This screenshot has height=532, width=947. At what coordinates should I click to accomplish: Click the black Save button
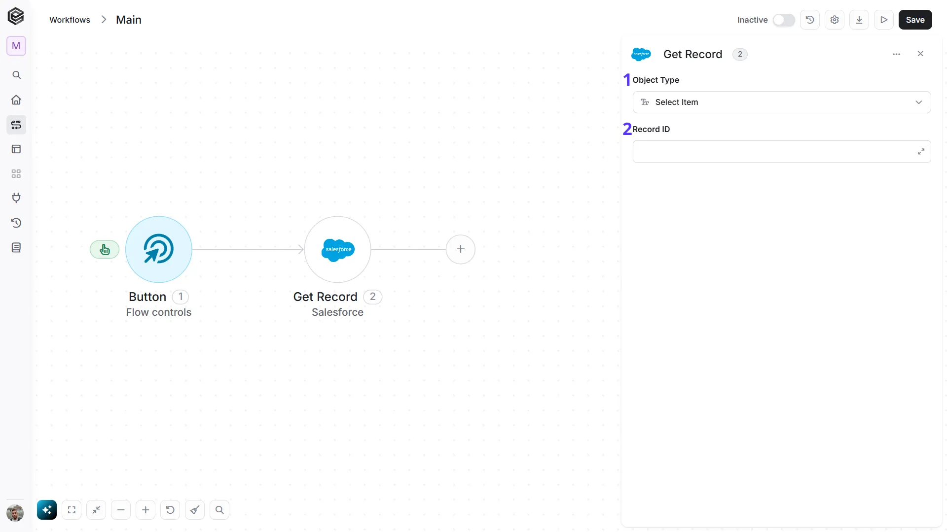click(915, 20)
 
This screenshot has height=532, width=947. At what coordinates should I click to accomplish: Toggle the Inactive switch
click(784, 20)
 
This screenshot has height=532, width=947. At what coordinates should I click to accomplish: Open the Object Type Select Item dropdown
click(782, 102)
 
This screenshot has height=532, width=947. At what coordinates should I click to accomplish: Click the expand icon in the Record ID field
click(921, 152)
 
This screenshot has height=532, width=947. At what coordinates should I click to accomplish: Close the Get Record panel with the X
click(920, 54)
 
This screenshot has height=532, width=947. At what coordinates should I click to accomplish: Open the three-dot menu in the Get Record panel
click(896, 54)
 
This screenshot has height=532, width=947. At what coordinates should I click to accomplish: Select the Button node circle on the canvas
click(159, 249)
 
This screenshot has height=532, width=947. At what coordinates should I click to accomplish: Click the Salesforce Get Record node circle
click(337, 249)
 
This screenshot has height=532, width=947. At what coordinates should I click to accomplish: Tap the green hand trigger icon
click(105, 250)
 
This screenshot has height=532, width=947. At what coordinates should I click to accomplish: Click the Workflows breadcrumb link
click(70, 20)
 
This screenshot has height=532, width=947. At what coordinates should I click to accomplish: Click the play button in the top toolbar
click(884, 20)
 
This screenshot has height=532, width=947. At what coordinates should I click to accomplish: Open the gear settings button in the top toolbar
click(835, 20)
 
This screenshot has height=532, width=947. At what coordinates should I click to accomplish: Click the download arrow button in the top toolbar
click(859, 20)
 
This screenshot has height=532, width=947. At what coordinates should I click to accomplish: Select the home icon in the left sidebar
click(16, 100)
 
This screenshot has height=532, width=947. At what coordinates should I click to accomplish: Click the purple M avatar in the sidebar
click(16, 46)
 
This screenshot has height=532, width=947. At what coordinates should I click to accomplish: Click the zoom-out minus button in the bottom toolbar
click(121, 510)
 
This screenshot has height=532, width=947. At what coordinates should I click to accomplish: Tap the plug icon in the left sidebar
click(16, 198)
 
